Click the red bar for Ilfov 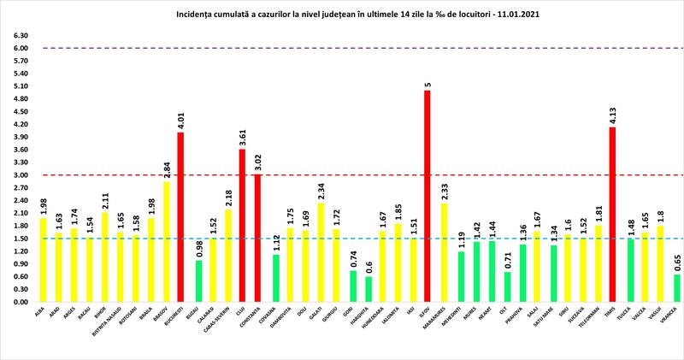[x=427, y=196]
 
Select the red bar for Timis [x=613, y=215]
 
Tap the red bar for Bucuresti [x=180, y=217]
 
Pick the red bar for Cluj [x=242, y=226]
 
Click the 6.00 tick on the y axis [x=17, y=49]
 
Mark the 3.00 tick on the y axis [x=17, y=175]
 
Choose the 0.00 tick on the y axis [x=17, y=302]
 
